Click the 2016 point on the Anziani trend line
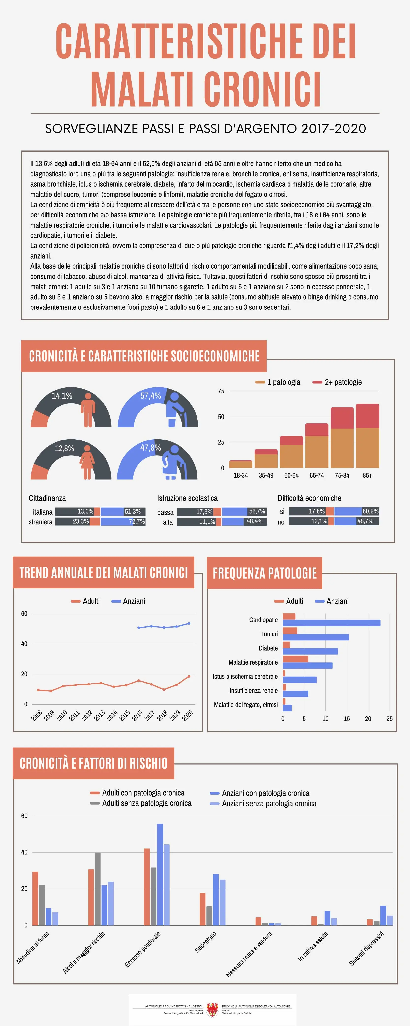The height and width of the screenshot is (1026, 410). tap(138, 628)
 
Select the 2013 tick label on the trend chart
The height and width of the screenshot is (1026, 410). tap(99, 716)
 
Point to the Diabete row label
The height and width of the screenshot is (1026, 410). tap(268, 648)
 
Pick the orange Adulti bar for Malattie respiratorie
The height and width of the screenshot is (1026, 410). tap(295, 659)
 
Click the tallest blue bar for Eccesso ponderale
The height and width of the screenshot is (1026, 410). tap(160, 874)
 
